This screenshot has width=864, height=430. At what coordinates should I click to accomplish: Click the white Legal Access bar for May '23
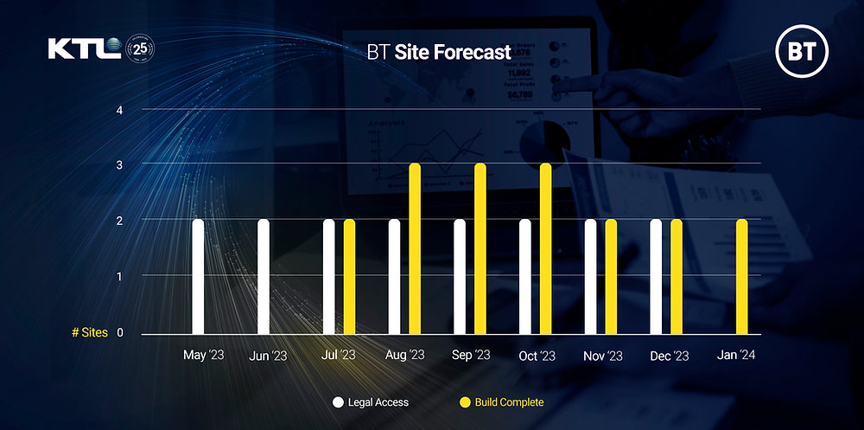pyautogui.click(x=198, y=277)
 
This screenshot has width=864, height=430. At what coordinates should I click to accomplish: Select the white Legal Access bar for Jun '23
pyautogui.click(x=264, y=277)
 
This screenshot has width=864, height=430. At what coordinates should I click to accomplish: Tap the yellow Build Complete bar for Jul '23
pyautogui.click(x=349, y=277)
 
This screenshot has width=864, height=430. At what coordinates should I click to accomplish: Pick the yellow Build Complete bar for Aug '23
pyautogui.click(x=415, y=249)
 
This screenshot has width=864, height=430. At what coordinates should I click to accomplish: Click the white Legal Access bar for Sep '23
pyautogui.click(x=460, y=277)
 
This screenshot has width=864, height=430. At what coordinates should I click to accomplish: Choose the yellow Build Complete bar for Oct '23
pyautogui.click(x=545, y=249)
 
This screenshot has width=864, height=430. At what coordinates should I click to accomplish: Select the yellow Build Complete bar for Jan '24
pyautogui.click(x=742, y=277)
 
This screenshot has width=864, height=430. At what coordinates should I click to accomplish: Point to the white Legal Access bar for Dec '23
pyautogui.click(x=656, y=277)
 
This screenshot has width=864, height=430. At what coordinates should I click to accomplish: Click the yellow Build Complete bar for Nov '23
pyautogui.click(x=611, y=277)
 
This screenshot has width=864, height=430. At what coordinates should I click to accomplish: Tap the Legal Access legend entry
pyautogui.click(x=371, y=402)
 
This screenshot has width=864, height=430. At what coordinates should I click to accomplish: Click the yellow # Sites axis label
pyautogui.click(x=90, y=332)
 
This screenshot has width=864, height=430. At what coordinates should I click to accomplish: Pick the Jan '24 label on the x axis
pyautogui.click(x=735, y=356)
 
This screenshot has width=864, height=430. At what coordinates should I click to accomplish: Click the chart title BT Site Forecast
pyautogui.click(x=439, y=53)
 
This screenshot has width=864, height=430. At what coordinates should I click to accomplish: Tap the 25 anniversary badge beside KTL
pyautogui.click(x=141, y=49)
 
